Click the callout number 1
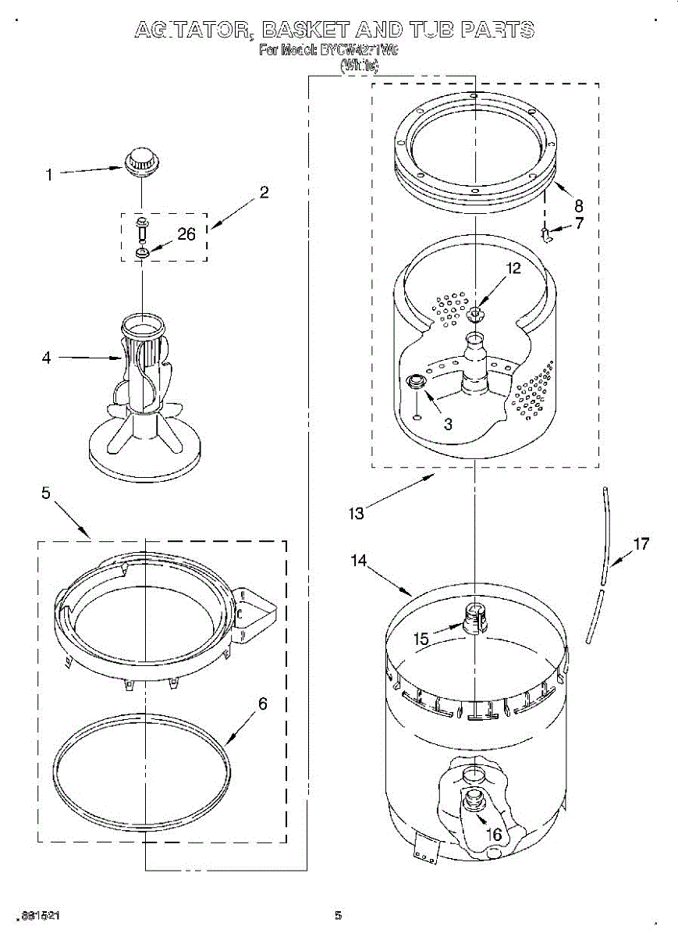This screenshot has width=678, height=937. [x=49, y=175]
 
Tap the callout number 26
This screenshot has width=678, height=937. [x=186, y=233]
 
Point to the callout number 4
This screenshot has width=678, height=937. [x=46, y=358]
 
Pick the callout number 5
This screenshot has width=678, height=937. [x=46, y=493]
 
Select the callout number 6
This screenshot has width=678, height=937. [x=263, y=704]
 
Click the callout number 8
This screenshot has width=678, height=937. [x=578, y=206]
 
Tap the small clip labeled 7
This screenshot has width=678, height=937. [x=547, y=232]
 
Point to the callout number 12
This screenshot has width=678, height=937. [x=513, y=268]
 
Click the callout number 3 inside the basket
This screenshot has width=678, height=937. [x=448, y=424]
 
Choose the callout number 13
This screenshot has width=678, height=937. [x=357, y=513]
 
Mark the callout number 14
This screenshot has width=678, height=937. [x=358, y=560]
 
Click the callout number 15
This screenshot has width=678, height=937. [x=421, y=639]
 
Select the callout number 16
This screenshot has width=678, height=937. [x=494, y=835]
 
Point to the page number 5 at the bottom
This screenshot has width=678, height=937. [x=338, y=915]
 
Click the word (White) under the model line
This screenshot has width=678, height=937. [x=359, y=66]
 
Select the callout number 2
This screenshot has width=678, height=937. [x=264, y=192]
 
